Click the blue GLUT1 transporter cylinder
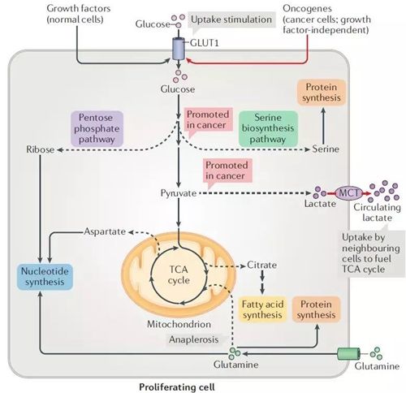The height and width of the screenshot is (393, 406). (x=179, y=49)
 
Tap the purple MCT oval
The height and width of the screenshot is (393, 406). (x=349, y=193)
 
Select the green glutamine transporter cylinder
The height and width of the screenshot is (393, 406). (x=349, y=354)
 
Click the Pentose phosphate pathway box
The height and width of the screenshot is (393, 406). (x=97, y=128)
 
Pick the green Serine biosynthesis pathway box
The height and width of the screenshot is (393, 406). (x=268, y=128)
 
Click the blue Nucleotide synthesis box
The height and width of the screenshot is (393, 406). (x=45, y=277)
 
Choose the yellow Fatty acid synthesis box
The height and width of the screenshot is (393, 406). (x=262, y=309)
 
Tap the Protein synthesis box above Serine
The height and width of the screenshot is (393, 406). (x=322, y=93)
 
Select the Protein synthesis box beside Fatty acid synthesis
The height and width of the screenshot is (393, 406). (x=316, y=309)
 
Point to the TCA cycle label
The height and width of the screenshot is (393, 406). (x=179, y=275)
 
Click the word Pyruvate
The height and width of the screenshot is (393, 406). (x=179, y=193)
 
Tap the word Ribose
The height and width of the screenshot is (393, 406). (x=40, y=149)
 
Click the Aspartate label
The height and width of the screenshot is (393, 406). (x=105, y=231)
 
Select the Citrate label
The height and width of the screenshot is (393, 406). (x=261, y=265)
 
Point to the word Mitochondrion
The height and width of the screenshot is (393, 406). (x=179, y=324)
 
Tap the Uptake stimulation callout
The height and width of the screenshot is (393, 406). (x=231, y=20)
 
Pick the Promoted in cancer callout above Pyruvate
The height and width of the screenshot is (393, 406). (x=227, y=171)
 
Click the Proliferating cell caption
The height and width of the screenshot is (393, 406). (x=177, y=387)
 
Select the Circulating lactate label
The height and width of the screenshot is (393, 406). (x=377, y=213)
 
